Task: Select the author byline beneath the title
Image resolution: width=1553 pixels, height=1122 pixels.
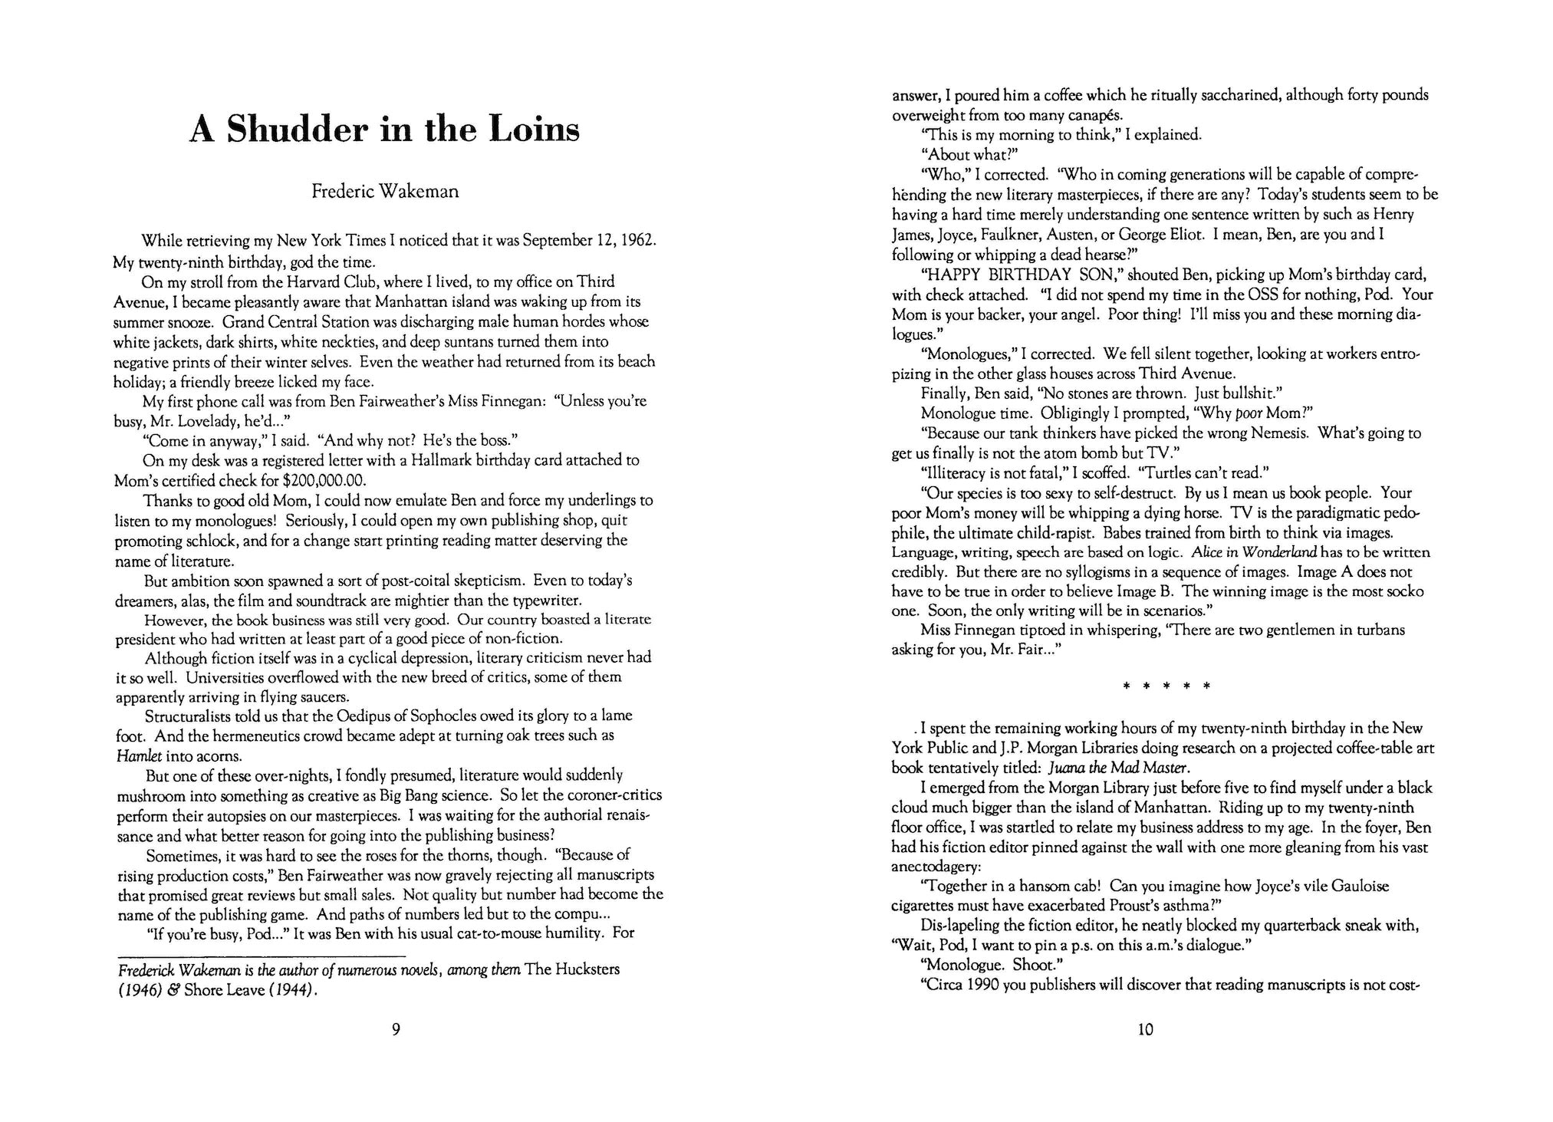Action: (x=385, y=191)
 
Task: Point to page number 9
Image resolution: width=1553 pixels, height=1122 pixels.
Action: (x=396, y=1029)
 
